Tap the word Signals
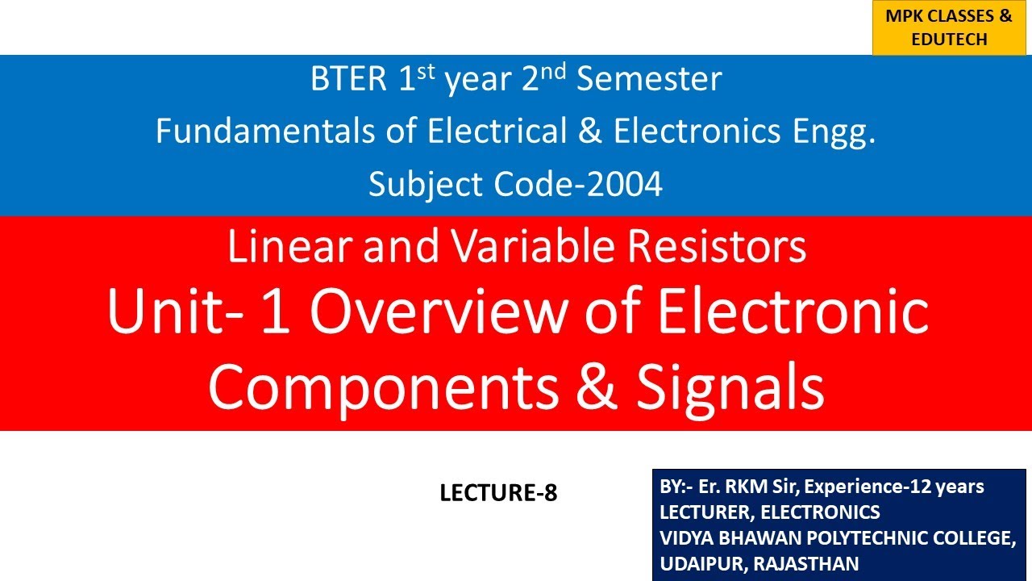point(730,387)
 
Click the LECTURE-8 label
point(498,493)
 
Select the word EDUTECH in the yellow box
point(949,39)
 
